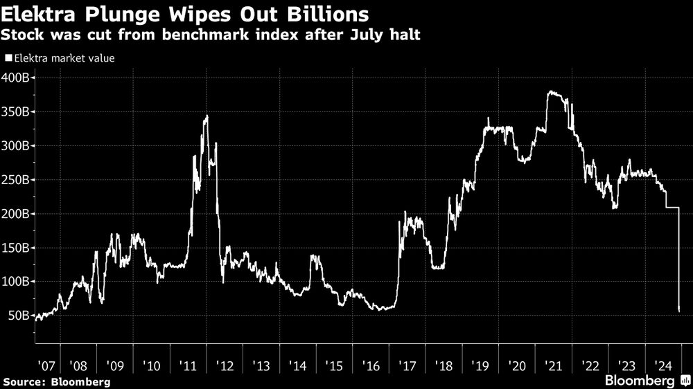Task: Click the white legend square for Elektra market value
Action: [x=8, y=59]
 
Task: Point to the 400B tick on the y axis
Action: [x=15, y=78]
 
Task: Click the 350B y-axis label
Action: [x=15, y=111]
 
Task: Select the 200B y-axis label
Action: [x=15, y=214]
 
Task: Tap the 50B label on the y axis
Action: [x=18, y=316]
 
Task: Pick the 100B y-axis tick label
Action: [x=15, y=282]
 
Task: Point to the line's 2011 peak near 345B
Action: [x=207, y=116]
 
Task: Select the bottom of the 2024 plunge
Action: [x=679, y=309]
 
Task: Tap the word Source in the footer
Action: [x=20, y=381]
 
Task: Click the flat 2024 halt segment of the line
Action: [x=672, y=208]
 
